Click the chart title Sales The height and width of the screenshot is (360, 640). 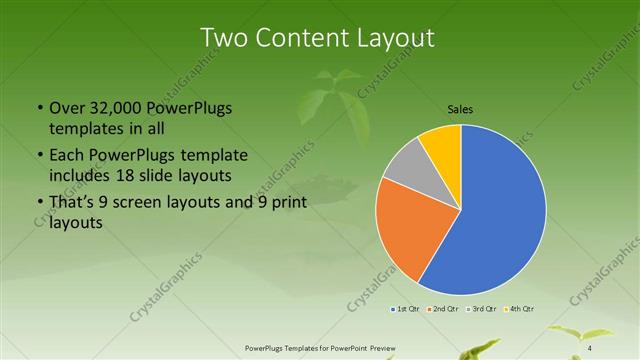pos(460,109)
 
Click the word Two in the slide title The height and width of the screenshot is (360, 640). pos(226,38)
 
